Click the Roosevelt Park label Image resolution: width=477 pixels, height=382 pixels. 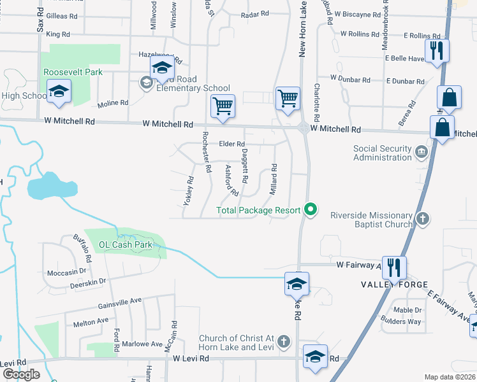pos(73,73)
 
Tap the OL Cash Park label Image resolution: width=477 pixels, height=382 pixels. pos(126,244)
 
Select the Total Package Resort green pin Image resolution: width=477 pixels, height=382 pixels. pos(311,209)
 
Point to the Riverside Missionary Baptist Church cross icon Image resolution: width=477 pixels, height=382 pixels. pos(421,220)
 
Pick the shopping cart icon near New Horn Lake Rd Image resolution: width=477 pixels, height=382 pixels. pos(288,99)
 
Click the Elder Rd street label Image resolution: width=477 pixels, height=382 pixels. pos(232,145)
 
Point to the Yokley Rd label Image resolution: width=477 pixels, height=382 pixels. pos(188,191)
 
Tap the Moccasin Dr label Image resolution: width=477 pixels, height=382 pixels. pos(66,272)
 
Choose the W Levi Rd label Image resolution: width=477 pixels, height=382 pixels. pos(191,359)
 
